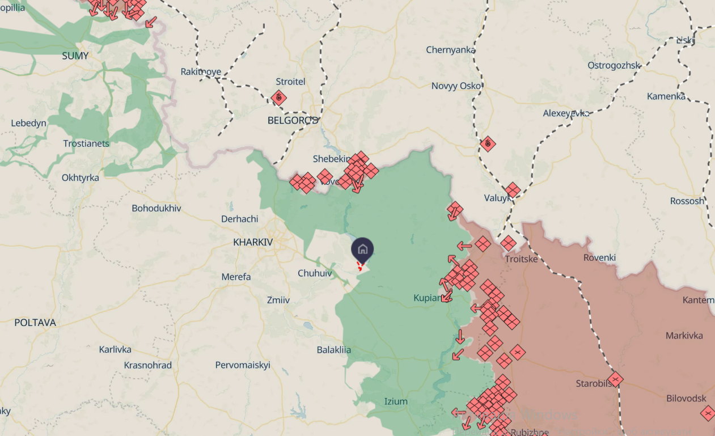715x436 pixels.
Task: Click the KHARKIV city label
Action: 253,242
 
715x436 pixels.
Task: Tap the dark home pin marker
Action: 362,249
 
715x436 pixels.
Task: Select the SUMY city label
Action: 75,56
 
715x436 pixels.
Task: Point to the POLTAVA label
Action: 35,323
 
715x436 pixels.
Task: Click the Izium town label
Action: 396,401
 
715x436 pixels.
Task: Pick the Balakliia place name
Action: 334,350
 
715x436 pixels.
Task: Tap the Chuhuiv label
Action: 315,273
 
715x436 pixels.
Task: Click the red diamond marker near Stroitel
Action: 278,98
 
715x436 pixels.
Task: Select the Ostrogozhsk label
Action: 614,65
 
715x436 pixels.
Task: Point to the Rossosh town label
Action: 687,201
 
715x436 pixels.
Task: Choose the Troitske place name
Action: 521,259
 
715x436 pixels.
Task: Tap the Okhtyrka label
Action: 81,177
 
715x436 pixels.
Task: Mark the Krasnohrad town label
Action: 148,365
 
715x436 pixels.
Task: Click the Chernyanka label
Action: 451,50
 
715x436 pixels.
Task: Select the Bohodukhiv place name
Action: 156,208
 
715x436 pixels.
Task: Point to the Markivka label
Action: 684,336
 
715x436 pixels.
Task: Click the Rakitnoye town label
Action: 201,71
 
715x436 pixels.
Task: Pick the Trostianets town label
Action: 86,143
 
